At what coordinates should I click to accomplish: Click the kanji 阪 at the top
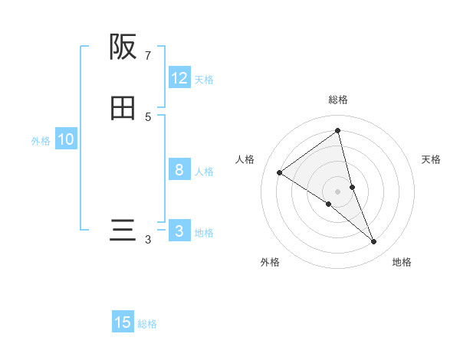123,47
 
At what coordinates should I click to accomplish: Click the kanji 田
123,109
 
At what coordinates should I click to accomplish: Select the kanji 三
123,231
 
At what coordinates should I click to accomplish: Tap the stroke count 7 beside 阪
148,56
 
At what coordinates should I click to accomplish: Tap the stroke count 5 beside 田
148,117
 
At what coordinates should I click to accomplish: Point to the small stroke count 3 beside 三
148,240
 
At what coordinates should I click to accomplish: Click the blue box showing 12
179,78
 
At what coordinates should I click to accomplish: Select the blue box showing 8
179,170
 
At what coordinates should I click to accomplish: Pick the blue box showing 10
66,139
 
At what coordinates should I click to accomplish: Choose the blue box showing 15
123,322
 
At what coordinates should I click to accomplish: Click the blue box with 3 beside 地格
179,231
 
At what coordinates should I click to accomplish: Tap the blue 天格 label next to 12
204,80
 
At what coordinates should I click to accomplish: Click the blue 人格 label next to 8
204,172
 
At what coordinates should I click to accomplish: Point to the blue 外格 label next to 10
41,141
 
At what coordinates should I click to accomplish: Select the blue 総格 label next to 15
147,324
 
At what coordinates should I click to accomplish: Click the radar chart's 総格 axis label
338,100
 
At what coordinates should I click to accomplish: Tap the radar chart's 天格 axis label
432,159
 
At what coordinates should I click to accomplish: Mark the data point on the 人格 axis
280,172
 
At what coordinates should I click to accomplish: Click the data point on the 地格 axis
374,241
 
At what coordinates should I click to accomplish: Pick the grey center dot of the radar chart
338,191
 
